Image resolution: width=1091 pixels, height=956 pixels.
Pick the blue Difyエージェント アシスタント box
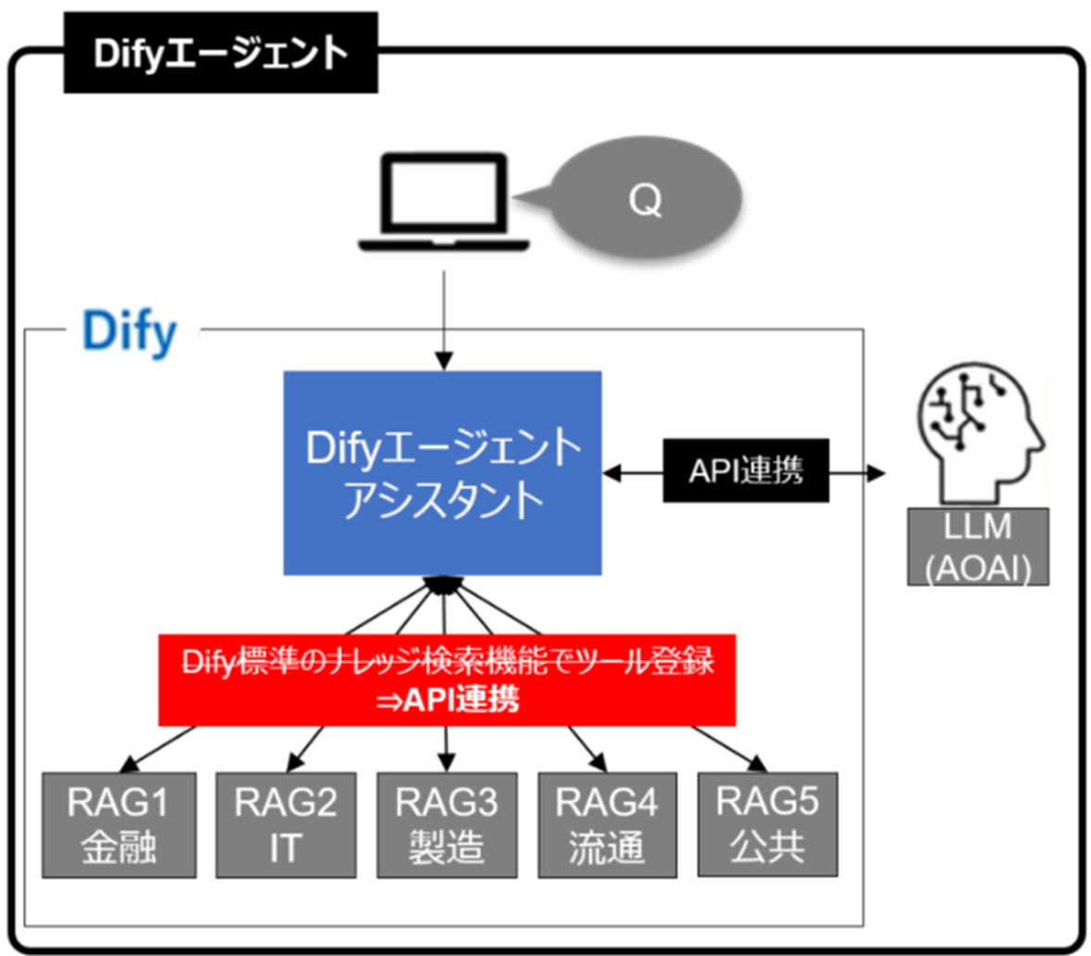(x=443, y=472)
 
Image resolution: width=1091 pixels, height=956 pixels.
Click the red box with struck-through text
(x=446, y=679)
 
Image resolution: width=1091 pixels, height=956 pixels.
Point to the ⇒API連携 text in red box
(x=446, y=700)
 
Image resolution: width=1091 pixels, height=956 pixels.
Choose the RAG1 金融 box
(x=120, y=822)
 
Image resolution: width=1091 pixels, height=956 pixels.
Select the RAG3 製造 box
(x=446, y=822)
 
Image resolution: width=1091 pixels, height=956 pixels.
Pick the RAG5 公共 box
(x=767, y=822)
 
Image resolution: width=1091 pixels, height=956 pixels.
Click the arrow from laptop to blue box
(x=444, y=315)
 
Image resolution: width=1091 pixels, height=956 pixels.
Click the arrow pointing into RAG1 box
(x=158, y=747)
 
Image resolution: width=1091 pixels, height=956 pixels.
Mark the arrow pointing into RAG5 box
(x=733, y=747)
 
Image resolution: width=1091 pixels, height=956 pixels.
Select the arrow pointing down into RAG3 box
(x=446, y=746)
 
